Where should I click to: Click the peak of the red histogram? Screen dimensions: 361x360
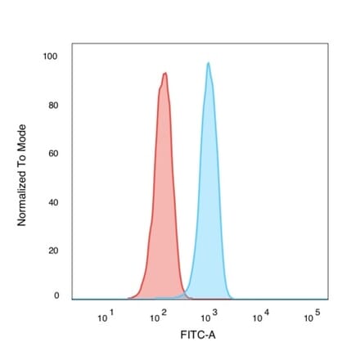tap(165, 74)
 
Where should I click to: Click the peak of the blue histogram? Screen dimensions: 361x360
tap(209, 63)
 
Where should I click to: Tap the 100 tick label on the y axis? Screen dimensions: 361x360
tap(52, 56)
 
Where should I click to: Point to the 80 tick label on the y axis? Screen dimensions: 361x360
tap(54, 106)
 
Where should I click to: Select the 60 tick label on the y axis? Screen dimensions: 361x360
tap(54, 154)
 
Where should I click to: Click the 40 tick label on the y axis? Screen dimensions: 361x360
tap(54, 202)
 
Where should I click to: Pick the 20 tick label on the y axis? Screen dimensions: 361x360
tap(54, 250)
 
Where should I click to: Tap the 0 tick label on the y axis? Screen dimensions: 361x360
tap(56, 296)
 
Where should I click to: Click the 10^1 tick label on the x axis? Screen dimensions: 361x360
tap(105, 316)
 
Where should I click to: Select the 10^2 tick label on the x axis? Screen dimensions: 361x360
tap(158, 316)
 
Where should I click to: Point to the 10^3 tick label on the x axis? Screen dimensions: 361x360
tap(209, 316)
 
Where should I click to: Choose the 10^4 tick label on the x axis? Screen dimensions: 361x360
tap(260, 316)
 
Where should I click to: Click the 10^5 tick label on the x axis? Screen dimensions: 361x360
tap(311, 316)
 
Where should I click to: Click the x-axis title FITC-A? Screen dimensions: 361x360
tap(199, 336)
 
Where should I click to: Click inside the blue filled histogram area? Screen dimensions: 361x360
tap(209, 205)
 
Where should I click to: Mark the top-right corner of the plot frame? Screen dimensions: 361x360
tap(328, 43)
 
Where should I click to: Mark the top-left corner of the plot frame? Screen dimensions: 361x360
tap(72, 43)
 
